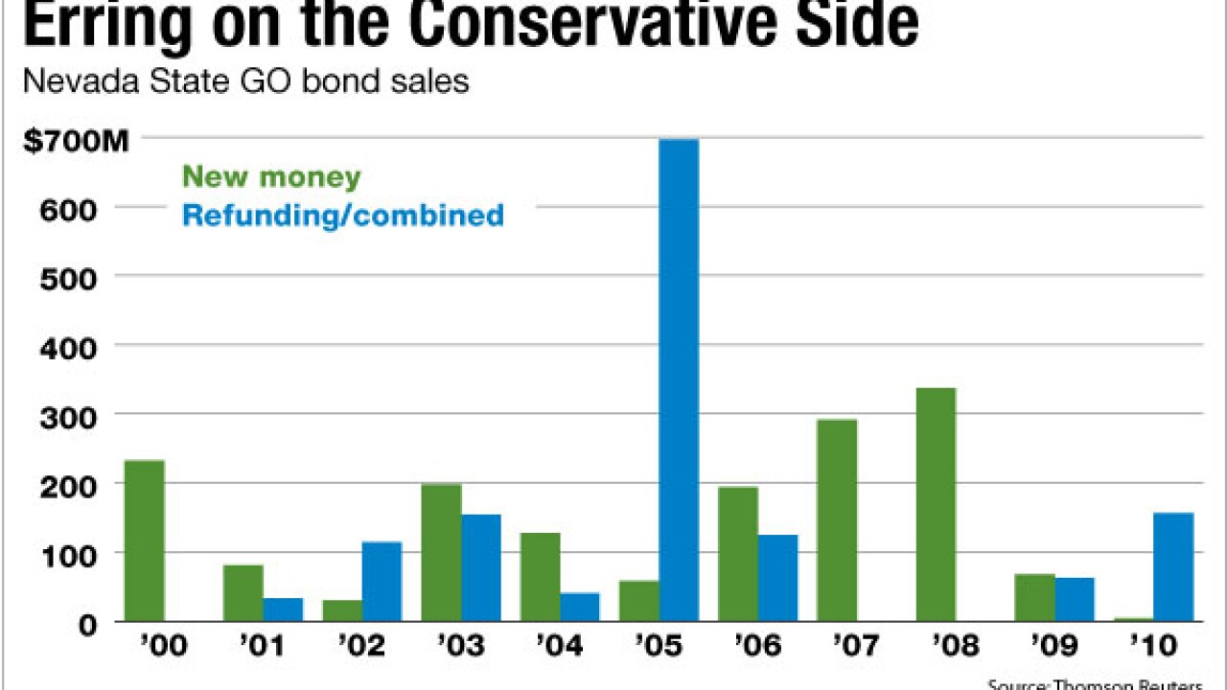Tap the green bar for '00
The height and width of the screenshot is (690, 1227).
click(x=145, y=540)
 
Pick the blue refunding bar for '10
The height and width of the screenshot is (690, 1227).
click(x=1173, y=566)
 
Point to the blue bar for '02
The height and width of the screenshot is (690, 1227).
click(x=382, y=581)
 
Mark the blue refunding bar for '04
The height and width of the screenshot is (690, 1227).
click(x=580, y=607)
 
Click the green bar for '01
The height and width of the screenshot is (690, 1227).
click(x=243, y=592)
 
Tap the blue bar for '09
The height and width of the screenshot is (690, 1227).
click(x=1075, y=599)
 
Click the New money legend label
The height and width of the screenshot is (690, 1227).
click(x=271, y=177)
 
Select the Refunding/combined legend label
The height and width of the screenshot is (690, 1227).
click(x=342, y=215)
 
